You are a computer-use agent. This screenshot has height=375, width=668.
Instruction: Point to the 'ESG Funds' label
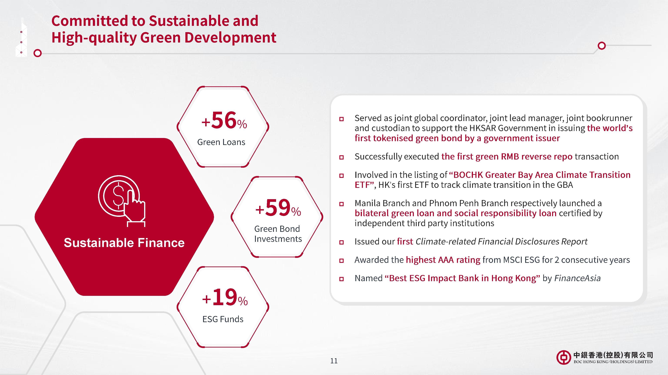point(223,319)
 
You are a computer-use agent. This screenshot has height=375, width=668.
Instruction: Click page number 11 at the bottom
point(334,361)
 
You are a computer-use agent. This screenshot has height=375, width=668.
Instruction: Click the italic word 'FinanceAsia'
point(577,278)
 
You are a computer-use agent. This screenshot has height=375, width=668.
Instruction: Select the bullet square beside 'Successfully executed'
point(342,157)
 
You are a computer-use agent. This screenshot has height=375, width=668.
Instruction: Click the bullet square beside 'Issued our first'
point(342,242)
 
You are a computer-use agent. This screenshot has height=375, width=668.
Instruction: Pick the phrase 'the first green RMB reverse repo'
point(507,156)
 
